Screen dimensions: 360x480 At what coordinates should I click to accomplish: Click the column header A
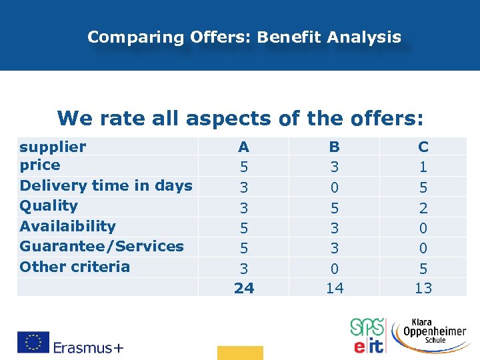[244, 147]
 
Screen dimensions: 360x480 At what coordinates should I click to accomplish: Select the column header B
[334, 147]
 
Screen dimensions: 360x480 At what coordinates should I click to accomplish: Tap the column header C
[423, 147]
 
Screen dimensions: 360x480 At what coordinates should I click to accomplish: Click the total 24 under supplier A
[244, 288]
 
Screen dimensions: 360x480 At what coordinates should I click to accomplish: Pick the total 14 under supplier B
[334, 288]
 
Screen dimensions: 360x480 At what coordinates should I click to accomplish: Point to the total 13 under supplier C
[423, 288]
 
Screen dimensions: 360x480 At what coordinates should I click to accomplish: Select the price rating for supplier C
[423, 166]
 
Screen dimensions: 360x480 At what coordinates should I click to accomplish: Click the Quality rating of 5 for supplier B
[334, 207]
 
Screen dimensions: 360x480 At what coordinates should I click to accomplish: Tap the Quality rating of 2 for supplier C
[423, 207]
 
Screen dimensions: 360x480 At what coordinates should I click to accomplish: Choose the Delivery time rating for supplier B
[334, 187]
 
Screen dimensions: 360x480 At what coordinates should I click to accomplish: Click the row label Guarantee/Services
[101, 247]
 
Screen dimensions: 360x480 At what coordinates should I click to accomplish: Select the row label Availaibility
[67, 227]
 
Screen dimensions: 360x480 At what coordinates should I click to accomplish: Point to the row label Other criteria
[75, 267]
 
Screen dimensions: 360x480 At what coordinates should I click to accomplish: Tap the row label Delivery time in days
[106, 186]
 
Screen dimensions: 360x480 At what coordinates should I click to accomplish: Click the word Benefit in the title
[289, 37]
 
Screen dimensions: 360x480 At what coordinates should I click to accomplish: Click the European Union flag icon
[34, 341]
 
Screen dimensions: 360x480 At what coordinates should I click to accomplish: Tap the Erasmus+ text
[89, 347]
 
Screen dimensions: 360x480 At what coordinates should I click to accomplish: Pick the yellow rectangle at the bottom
[240, 353]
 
